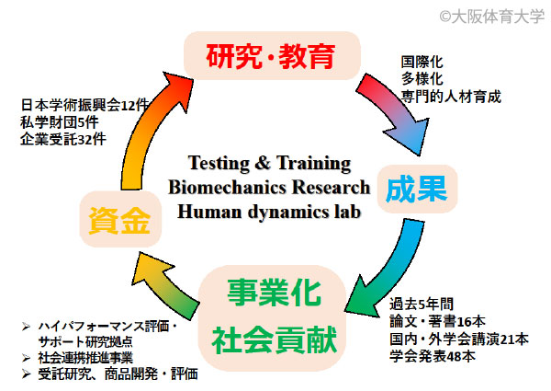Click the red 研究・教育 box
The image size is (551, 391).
pos(272,55)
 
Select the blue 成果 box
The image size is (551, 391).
pos(417,189)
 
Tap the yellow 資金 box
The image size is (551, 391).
pos(120,220)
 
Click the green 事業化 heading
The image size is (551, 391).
pos(274,293)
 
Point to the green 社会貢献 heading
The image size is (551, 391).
pos(274,340)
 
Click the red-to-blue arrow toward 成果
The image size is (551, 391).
pos(397,110)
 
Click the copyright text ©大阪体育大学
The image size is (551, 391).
pos(492,17)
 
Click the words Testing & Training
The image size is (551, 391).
pos(269,163)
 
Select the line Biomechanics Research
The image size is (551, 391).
pos(269,187)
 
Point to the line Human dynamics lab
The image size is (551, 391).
pos(269,212)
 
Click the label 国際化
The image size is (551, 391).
pos(422,62)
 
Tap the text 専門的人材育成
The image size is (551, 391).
pos(451,97)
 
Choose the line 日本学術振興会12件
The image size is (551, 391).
pos(85,105)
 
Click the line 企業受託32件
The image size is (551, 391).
pos(63,139)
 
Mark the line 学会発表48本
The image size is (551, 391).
pos(433,356)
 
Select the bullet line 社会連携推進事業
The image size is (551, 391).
pos(85,358)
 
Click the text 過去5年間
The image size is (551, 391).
pos(422,304)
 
